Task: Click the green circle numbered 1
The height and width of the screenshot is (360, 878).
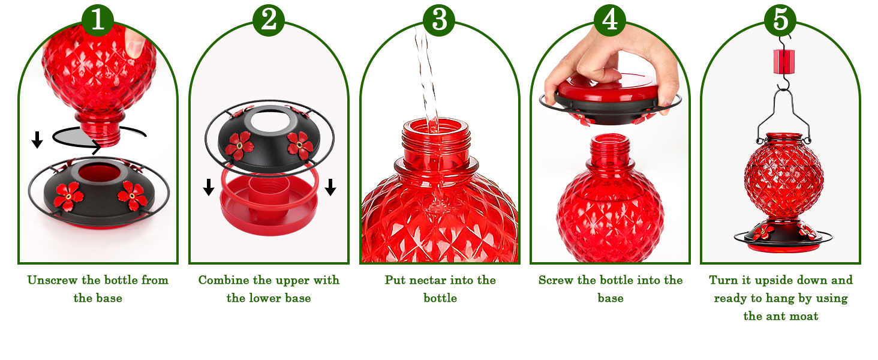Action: [98, 20]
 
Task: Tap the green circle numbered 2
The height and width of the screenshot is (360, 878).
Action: [268, 20]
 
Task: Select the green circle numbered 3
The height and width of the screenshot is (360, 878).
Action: [439, 20]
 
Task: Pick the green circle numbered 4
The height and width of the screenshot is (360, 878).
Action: [609, 20]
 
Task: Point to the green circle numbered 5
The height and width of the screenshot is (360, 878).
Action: [780, 20]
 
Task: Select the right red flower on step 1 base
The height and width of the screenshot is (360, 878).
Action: [131, 193]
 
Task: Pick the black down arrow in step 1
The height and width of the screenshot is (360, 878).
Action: [37, 140]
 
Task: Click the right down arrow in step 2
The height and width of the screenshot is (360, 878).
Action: [330, 187]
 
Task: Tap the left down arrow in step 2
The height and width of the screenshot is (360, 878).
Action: [208, 187]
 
